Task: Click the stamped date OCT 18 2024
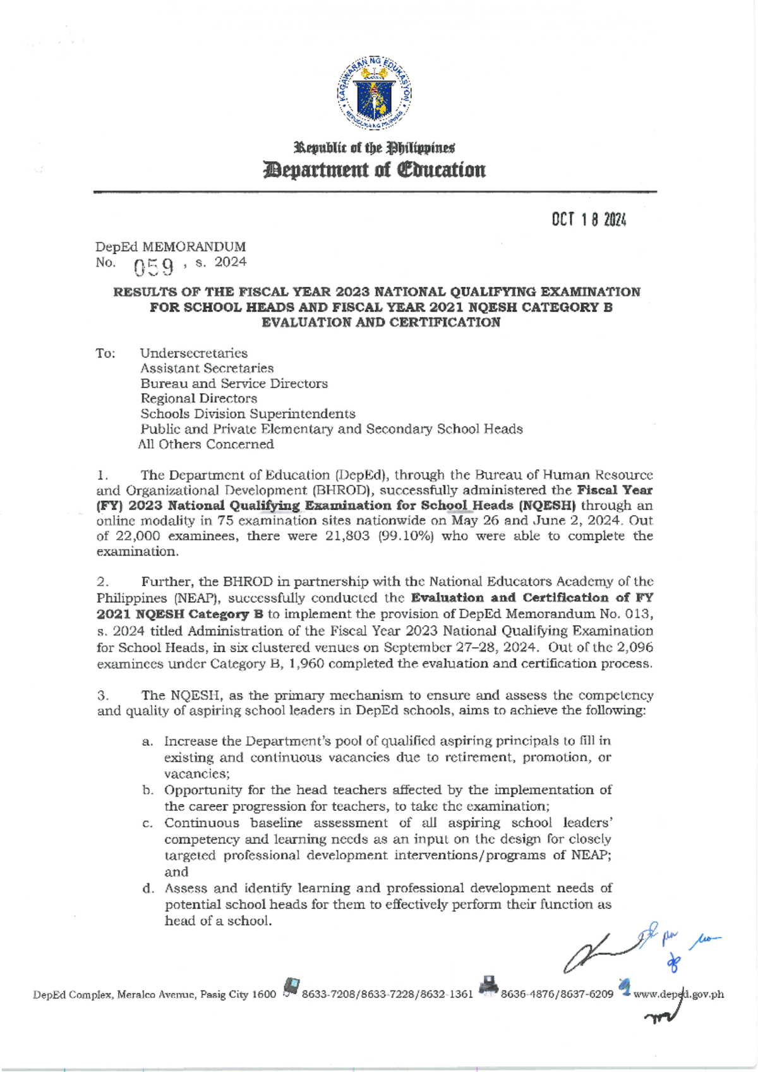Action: pos(589,220)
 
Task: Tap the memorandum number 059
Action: pos(153,268)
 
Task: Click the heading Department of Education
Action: pos(375,170)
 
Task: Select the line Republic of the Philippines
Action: pos(375,148)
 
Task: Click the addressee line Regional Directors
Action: pos(199,399)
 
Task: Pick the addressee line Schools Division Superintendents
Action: pos(248,414)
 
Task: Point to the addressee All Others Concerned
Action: pos(206,444)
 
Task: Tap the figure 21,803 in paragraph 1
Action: pos(347,536)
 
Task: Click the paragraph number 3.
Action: pos(103,696)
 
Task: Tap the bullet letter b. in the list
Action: pos(148,791)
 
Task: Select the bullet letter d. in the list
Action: pos(148,889)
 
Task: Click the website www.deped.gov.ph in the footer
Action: pos(678,994)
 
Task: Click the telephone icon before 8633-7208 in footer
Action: pos(291,987)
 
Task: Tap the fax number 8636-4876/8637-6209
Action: pos(556,994)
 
